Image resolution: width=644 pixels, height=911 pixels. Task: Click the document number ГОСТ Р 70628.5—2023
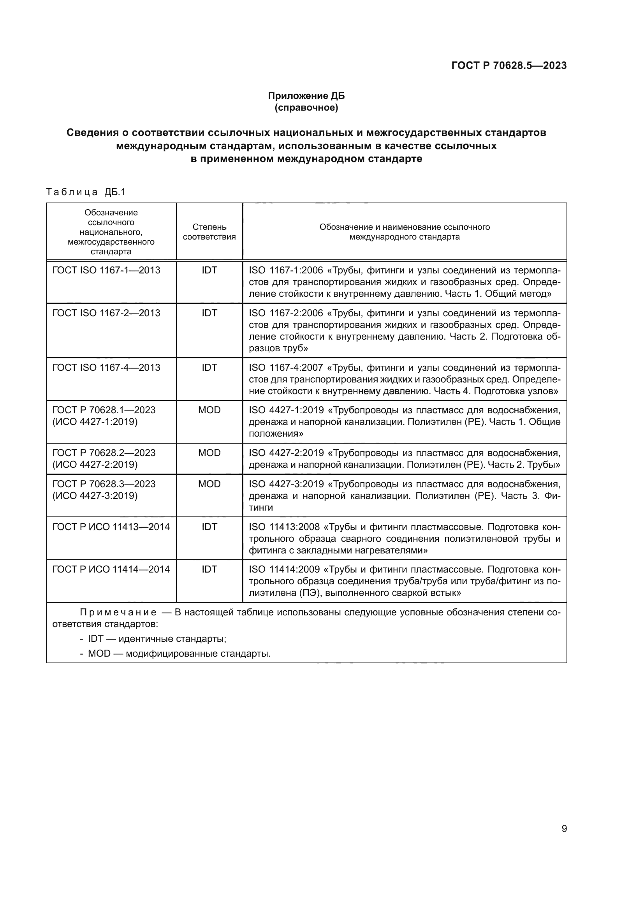pos(509,65)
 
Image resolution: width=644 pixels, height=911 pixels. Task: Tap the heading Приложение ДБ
pos(306,96)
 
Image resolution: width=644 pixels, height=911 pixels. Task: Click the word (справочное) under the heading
pos(306,107)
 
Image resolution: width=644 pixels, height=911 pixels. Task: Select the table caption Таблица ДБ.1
pos(86,192)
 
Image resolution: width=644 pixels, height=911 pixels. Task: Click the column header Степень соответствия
pos(209,232)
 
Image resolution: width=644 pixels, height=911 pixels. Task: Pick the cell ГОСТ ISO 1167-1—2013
pos(106,270)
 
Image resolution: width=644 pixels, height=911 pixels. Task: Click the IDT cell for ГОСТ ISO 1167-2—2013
pos(209,313)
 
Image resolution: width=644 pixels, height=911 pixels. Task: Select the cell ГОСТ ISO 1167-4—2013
pos(106,367)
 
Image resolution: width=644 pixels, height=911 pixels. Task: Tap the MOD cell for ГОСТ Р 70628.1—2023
pos(209,410)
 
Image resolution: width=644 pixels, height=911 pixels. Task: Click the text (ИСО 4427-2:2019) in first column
pos(95,464)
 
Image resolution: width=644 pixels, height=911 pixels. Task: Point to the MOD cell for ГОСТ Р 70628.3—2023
pos(209,484)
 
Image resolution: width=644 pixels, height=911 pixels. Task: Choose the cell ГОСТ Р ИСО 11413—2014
pos(111,527)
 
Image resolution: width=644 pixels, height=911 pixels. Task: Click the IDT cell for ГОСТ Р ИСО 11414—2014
pos(209,569)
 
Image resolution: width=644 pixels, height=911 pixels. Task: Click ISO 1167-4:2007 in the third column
pos(285,367)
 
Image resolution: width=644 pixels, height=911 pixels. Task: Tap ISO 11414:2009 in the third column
pos(284,569)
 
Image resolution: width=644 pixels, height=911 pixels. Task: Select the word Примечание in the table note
pos(118,612)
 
